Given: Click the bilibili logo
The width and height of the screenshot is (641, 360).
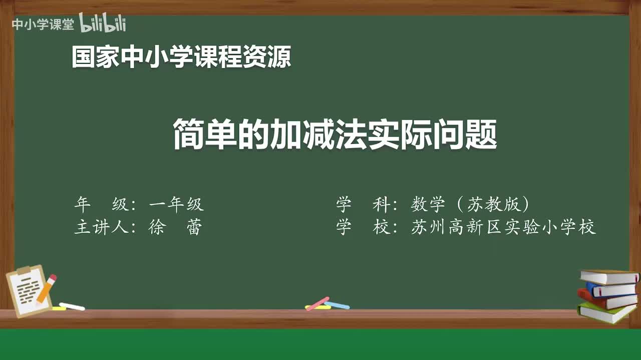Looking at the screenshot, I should [103, 23].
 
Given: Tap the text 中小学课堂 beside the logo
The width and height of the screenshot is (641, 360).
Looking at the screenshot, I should [43, 24].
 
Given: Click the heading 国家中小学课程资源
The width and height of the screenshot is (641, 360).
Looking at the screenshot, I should [181, 56].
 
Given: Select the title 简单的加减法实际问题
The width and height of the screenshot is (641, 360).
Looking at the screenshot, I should [335, 134].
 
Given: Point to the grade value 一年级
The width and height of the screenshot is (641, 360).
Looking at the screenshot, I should [176, 204].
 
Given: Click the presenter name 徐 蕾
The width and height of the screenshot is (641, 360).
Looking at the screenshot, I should [175, 227].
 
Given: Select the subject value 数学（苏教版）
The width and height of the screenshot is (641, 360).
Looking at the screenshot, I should [470, 204].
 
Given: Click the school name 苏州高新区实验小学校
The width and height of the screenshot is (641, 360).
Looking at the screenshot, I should [503, 227].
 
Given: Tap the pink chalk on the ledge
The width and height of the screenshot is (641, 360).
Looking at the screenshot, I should [318, 303].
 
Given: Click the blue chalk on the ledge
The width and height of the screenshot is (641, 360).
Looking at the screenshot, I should [337, 304].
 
